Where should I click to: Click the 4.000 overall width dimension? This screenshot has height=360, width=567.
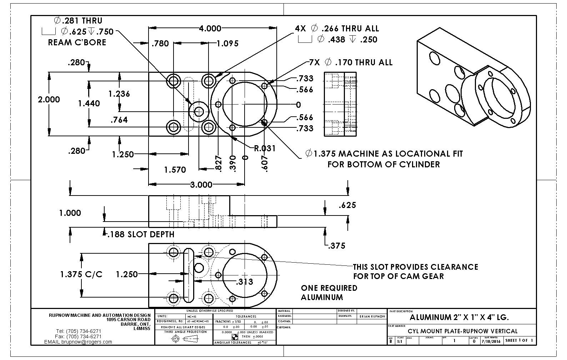click(x=210, y=29)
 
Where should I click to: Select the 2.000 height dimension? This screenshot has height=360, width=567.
click(x=49, y=99)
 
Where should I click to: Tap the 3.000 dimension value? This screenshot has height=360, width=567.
click(x=201, y=184)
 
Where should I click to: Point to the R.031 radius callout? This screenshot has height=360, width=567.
click(x=265, y=148)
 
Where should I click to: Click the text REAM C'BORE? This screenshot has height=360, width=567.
click(x=77, y=42)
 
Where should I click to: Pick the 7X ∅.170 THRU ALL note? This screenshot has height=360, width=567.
click(x=351, y=62)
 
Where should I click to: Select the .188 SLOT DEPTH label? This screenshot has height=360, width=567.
click(x=141, y=234)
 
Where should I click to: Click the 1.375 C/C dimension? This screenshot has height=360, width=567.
click(x=81, y=274)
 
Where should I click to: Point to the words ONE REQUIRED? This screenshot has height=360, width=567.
click(x=329, y=288)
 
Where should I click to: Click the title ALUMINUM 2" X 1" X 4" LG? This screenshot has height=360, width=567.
click(x=459, y=317)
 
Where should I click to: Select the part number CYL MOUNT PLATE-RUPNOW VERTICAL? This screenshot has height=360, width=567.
click(x=462, y=331)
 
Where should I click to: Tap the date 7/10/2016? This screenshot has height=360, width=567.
click(x=491, y=341)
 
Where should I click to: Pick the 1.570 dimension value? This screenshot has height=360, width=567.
click(x=175, y=170)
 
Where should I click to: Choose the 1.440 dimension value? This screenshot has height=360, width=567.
click(x=89, y=103)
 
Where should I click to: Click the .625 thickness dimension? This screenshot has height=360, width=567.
click(x=347, y=205)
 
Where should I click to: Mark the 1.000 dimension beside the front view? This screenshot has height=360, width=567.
click(x=70, y=213)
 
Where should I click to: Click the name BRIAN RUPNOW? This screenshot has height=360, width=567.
click(x=372, y=316)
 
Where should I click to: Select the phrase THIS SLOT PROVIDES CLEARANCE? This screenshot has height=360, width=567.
click(x=415, y=267)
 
